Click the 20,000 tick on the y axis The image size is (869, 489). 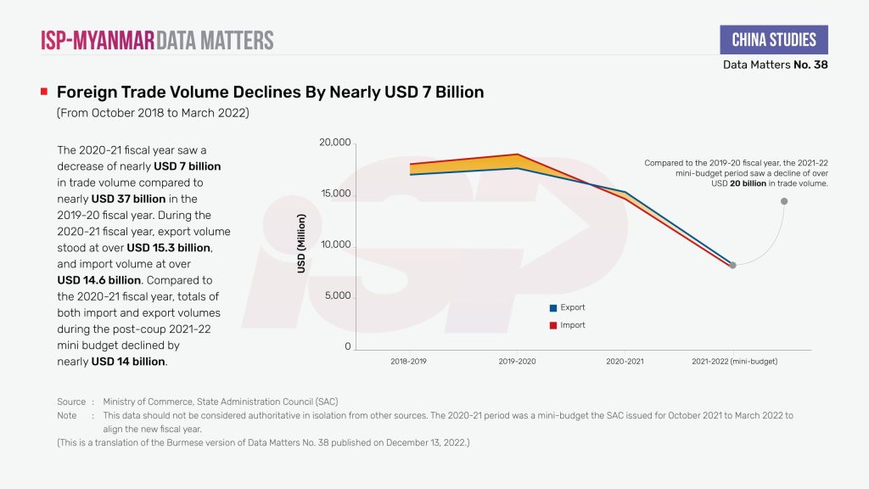[334, 142]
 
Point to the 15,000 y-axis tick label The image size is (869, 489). [334, 194]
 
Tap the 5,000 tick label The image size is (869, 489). [337, 296]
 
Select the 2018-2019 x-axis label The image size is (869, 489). [409, 361]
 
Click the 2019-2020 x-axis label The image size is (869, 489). [517, 361]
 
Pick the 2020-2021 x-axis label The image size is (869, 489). [625, 361]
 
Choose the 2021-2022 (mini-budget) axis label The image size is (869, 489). [734, 361]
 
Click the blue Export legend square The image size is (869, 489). [553, 308]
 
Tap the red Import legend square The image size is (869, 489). [553, 325]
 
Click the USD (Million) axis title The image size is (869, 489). [301, 243]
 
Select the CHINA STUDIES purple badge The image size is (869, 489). [774, 40]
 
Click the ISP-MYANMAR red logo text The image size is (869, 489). [98, 40]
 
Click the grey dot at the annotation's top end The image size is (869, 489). [784, 201]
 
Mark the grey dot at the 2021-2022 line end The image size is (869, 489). [732, 265]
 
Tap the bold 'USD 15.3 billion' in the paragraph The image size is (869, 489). [169, 247]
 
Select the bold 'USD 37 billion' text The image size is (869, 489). [129, 199]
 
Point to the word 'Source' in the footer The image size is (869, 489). [71, 402]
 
